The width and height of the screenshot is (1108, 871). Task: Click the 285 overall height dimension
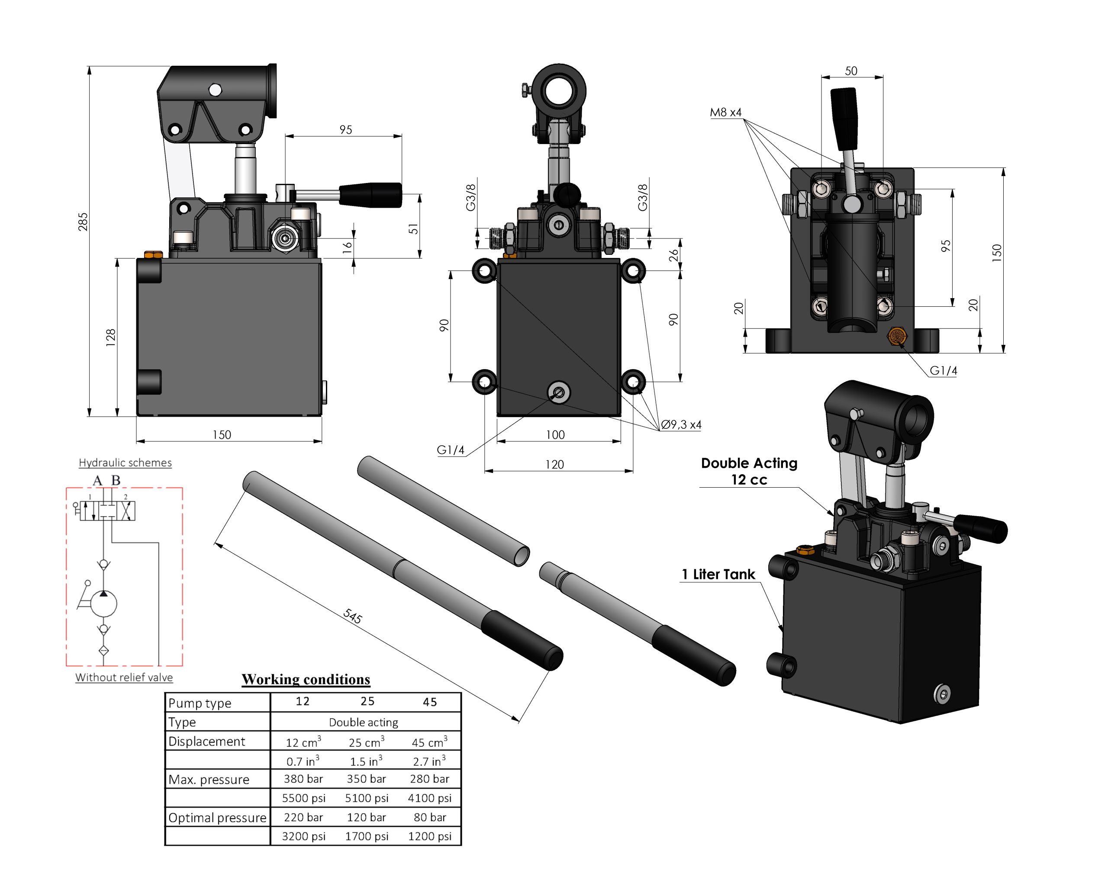83,222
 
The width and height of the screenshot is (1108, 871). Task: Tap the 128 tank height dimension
111,337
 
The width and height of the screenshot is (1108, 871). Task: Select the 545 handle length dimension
352,616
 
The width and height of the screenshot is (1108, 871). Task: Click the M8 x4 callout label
725,112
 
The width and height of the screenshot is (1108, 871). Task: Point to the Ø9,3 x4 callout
681,424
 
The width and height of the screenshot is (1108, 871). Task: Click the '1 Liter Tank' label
718,574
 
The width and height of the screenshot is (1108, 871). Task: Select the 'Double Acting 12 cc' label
749,471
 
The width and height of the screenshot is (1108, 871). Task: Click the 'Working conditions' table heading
306,679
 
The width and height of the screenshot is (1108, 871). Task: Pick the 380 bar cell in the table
303,779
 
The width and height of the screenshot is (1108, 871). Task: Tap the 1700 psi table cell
366,836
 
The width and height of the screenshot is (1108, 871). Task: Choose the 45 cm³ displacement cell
429,742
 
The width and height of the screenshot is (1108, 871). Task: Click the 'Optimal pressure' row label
217,817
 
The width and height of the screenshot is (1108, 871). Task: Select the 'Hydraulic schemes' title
125,463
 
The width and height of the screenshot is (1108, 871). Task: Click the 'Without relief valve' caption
124,677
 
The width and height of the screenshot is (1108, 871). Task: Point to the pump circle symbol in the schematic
103,604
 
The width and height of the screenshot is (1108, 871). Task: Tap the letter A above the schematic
97,480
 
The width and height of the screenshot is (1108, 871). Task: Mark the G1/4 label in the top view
943,371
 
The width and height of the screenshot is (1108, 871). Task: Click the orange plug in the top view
897,336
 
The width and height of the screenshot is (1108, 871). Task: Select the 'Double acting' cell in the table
363,722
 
